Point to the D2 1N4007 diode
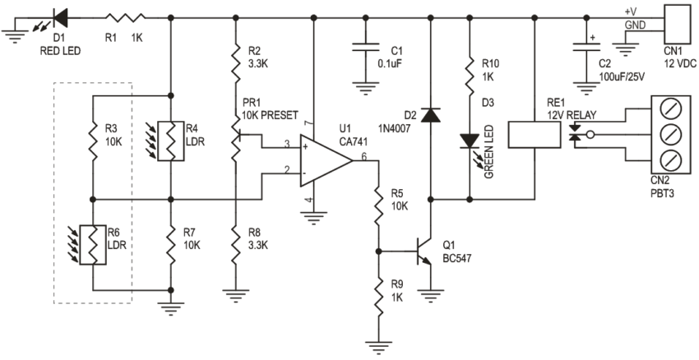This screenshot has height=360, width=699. pos(428,114)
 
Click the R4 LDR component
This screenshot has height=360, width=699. pos(170,139)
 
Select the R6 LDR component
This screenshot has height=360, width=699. pos(93,245)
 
